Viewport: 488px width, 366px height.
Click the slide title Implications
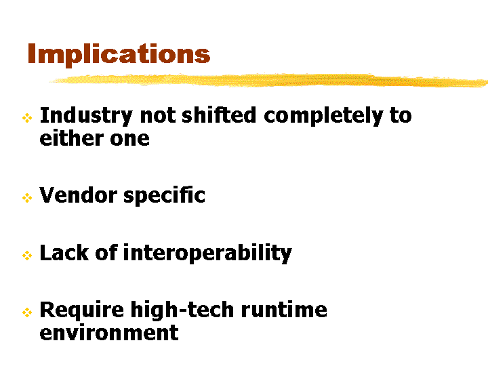tap(119, 54)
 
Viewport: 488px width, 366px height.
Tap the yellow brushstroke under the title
tap(268, 80)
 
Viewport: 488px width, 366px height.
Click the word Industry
tap(86, 117)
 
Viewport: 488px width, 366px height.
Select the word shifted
tap(219, 115)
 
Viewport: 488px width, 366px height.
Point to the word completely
tap(323, 117)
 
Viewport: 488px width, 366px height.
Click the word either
tap(71, 138)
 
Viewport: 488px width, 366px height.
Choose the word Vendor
tap(78, 195)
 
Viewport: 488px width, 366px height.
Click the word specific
tap(164, 197)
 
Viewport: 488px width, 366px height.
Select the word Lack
tap(64, 252)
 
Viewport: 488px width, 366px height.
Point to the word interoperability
tap(207, 253)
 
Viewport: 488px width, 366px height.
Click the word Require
tap(82, 311)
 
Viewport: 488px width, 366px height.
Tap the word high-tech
tap(182, 311)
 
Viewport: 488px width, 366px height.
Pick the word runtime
tap(284, 310)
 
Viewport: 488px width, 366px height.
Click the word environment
tap(109, 333)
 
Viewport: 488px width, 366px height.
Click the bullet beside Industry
tap(27, 118)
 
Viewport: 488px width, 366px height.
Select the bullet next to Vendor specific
tap(27, 198)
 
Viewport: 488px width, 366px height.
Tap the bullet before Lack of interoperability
tap(27, 256)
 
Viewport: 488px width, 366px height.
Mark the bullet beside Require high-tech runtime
tap(27, 312)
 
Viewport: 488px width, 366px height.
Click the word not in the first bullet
tap(158, 116)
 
